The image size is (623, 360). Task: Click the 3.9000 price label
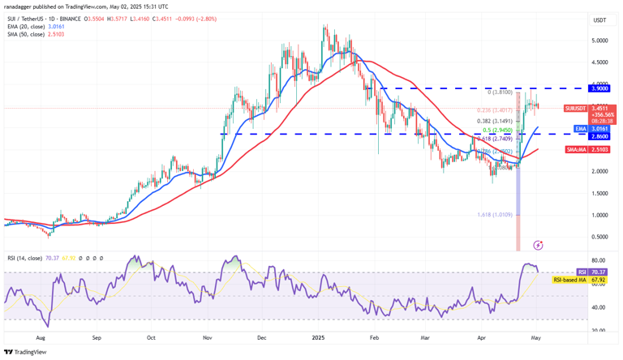click(x=599, y=88)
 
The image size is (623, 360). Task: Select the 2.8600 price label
click(x=599, y=136)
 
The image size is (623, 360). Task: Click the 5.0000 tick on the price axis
click(x=599, y=41)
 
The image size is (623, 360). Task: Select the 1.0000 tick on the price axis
click(x=599, y=215)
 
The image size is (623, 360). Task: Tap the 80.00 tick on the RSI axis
click(x=598, y=261)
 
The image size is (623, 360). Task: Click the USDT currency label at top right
click(x=599, y=19)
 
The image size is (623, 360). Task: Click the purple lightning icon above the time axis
click(x=539, y=244)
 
